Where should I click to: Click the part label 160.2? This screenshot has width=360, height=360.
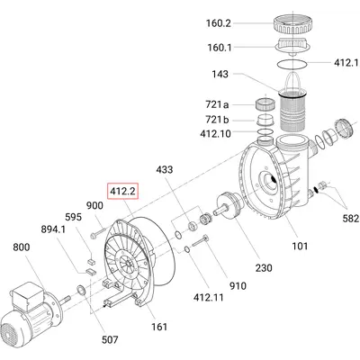point(219,23)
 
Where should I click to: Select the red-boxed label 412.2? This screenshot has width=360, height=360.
point(123,191)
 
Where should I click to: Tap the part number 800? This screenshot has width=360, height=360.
point(22,247)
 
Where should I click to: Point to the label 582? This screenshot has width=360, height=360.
point(350,219)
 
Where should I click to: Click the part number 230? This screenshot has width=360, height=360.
point(264,267)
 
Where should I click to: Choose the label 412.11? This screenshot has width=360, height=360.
point(209,297)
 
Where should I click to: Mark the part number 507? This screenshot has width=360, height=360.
point(109,339)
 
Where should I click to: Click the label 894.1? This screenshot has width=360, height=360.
point(53,229)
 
